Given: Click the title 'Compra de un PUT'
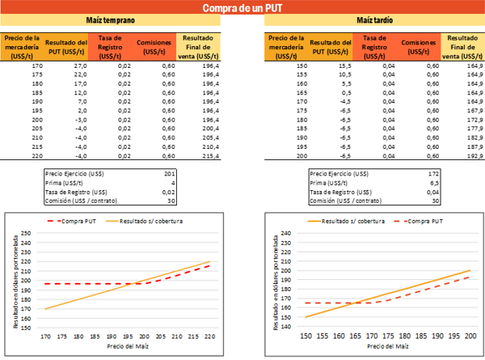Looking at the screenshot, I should pos(242,9).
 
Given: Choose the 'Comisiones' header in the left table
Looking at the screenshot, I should pos(154,44).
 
